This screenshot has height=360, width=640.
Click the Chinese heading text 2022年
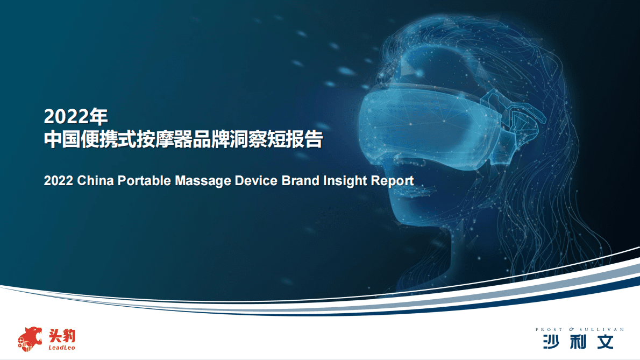coord(76,116)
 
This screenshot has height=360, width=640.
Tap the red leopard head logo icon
coord(30,339)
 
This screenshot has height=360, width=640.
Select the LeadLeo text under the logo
coord(62,348)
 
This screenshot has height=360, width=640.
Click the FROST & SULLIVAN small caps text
coord(580,329)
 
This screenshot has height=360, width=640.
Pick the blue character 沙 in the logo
coord(551,342)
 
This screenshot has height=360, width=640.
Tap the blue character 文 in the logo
coord(605,342)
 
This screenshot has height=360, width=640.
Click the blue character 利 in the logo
coord(578,342)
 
